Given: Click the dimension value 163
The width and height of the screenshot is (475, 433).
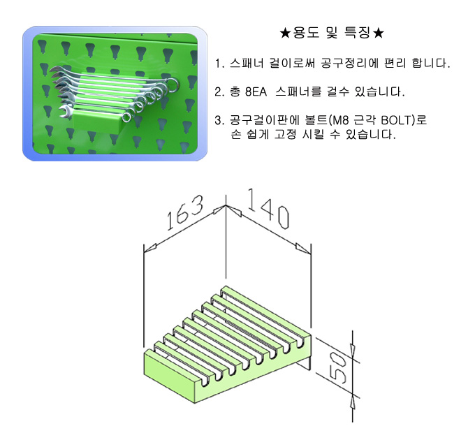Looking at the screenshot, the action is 185,212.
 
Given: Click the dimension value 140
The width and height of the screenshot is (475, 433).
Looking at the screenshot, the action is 268,208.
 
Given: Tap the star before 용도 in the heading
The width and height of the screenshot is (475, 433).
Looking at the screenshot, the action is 286,33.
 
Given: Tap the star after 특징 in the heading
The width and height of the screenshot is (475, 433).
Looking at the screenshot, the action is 379,33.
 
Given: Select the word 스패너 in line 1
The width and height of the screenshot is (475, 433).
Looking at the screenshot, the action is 247,64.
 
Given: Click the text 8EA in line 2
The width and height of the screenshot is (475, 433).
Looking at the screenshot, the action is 256,91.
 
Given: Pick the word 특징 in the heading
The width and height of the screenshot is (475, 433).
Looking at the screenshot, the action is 358,33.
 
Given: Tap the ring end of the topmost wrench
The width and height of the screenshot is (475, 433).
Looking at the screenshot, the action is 173,84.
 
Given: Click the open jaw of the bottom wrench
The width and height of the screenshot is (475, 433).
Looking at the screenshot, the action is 64,111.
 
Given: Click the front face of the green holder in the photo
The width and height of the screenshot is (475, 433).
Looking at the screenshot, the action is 97,121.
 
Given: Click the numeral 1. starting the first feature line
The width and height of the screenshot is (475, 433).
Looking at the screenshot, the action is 219,64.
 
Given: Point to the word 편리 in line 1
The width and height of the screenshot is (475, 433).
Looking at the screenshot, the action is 395,64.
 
